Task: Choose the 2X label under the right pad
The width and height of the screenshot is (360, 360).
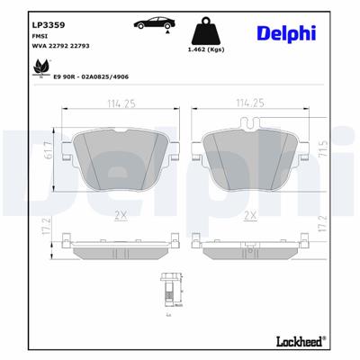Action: (250, 214)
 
